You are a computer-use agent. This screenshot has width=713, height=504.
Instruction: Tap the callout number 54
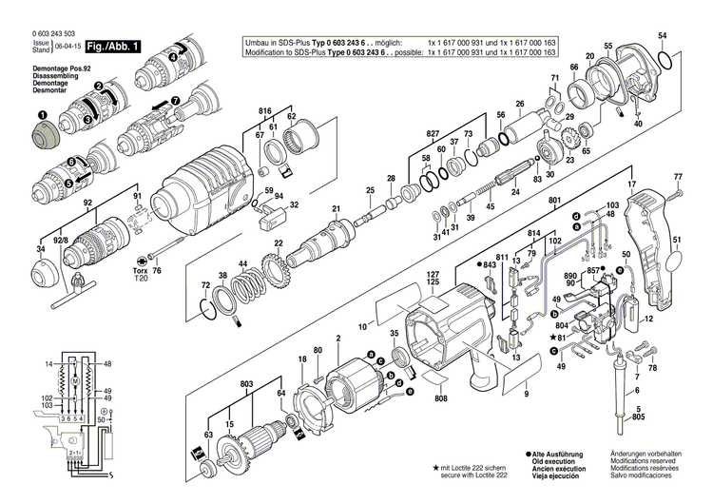[662, 35]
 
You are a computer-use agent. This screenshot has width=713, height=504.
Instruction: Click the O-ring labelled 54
[668, 60]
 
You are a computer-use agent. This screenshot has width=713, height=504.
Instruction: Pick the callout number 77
[678, 178]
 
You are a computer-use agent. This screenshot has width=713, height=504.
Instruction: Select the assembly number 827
[434, 134]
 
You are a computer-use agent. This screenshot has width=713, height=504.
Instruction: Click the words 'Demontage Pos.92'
[35, 70]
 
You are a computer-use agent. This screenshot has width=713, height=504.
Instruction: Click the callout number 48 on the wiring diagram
[107, 364]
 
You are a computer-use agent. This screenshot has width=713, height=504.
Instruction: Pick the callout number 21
[335, 209]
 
